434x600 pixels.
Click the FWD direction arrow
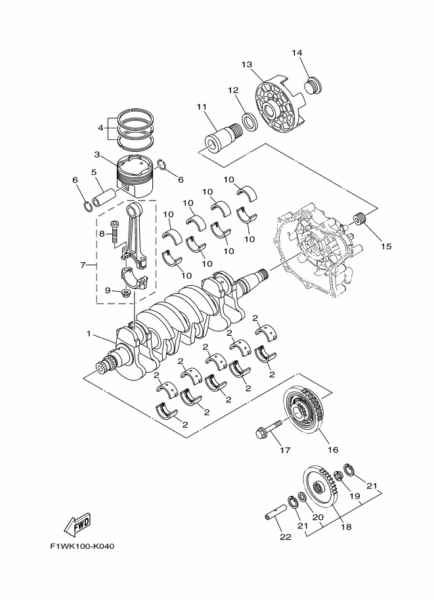pyautogui.click(x=77, y=524)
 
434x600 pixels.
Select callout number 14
pyautogui.click(x=297, y=53)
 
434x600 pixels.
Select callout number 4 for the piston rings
pyautogui.click(x=100, y=127)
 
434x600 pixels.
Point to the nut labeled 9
pyautogui.click(x=125, y=291)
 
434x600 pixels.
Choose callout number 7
pyautogui.click(x=83, y=265)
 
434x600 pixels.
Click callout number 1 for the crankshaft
pyautogui.click(x=89, y=333)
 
